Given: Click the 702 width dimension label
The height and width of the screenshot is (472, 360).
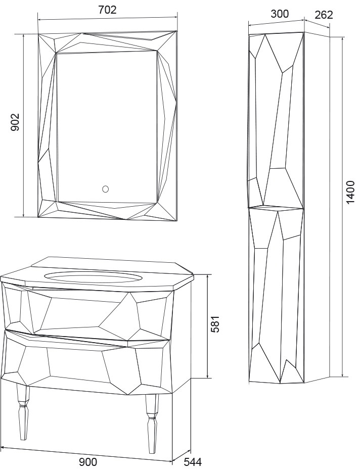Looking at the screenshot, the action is [x=107, y=10].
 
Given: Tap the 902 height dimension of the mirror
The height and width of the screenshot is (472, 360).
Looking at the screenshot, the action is [x=15, y=122].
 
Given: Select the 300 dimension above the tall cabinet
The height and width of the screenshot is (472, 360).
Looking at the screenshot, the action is [x=280, y=14].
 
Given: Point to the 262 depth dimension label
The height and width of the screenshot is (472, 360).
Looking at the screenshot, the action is [x=324, y=15].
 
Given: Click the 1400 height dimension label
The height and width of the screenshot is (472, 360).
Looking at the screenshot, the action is [x=350, y=193].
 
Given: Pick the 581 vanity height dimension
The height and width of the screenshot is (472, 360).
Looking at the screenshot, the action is [x=215, y=324].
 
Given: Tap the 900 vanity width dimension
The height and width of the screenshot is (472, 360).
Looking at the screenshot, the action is [x=88, y=462].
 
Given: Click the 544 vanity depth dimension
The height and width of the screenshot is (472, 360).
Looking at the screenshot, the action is [x=193, y=462].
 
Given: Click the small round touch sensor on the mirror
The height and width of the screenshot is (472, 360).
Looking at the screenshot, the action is [x=106, y=189].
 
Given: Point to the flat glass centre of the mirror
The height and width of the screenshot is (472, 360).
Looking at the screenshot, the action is [x=107, y=128].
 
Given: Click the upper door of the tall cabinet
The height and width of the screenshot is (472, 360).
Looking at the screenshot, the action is [x=276, y=120].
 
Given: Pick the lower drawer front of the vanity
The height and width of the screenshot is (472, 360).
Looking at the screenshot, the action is [x=87, y=361].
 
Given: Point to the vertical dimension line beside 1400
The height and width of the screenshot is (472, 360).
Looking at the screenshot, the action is [x=342, y=207].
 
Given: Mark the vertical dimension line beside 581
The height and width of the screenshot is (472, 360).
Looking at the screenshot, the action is [x=208, y=326].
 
